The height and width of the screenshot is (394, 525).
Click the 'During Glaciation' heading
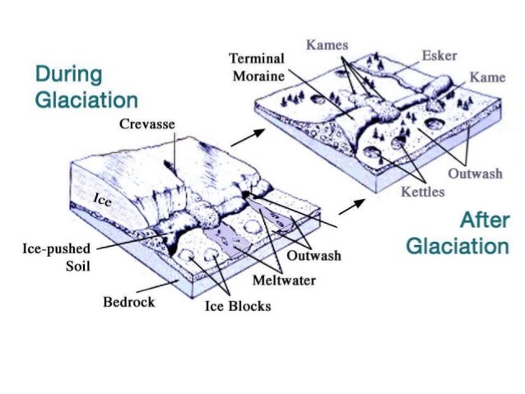86,87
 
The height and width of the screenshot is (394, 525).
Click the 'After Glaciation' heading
458,234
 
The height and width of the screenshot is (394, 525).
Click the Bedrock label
128,302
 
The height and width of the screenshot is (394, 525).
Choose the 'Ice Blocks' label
237,307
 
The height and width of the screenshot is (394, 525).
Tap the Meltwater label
283,280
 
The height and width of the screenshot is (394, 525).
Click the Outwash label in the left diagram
314,256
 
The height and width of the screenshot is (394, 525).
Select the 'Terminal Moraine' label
257,67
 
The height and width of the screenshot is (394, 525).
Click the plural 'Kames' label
327,44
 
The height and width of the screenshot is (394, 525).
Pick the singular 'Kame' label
487,77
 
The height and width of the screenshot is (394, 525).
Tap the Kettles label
422,192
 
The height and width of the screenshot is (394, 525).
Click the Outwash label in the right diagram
475,174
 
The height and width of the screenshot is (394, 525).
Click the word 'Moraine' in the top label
257,76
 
